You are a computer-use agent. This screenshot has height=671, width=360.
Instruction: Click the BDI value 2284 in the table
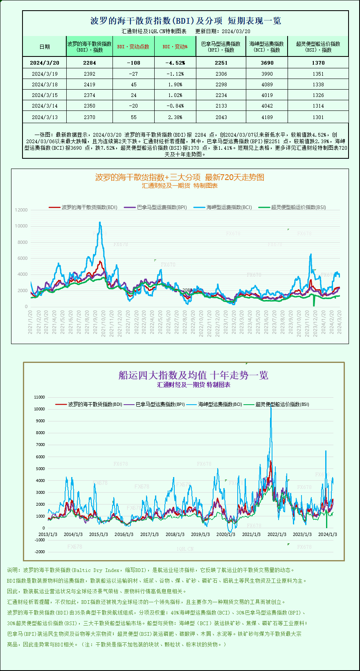coord(89,63)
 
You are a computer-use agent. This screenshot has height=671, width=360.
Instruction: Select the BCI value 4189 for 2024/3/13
coord(267,117)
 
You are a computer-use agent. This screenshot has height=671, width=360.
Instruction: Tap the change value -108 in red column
coord(133,63)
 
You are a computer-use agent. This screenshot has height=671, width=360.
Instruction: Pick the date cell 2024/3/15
coord(45,95)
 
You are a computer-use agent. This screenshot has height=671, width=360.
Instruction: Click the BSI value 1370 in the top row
coord(318,63)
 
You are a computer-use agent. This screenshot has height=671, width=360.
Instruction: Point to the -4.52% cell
coord(175,63)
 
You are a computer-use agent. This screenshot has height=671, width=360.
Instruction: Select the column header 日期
coord(45,47)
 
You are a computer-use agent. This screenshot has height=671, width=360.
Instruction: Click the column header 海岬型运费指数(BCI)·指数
coord(267,47)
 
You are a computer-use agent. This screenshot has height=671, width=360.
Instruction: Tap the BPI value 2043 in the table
coord(221,117)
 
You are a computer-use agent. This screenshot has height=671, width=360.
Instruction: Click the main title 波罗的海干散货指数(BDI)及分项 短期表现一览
coord(185,21)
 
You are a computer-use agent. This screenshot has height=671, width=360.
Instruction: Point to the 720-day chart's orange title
coord(180,177)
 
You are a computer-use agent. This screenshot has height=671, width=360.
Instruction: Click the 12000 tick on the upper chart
coord(21,210)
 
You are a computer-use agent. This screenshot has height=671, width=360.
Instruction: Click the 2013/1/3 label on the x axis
coord(48,534)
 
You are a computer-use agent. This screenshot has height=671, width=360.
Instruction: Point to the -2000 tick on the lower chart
coord(39,552)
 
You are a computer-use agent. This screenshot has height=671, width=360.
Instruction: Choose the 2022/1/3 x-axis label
coord(277,534)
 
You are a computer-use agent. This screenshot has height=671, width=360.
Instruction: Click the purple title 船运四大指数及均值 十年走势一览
coord(193,375)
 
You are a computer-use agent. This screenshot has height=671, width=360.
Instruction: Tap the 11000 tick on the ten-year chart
coord(39,397)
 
